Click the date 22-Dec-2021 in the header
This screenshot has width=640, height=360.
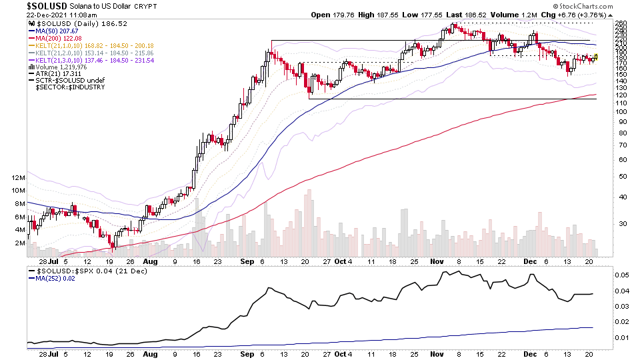[x=47, y=14]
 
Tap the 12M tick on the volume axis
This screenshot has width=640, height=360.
[x=18, y=178]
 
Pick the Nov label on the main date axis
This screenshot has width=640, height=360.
[x=438, y=262]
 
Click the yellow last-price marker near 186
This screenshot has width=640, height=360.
[x=595, y=57]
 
